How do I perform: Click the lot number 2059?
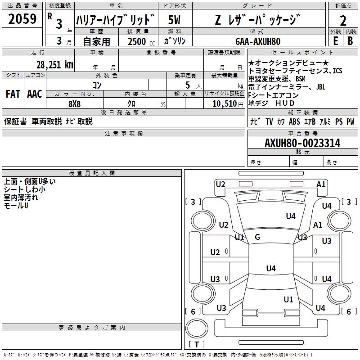click(22, 19)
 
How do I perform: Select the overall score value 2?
click(343, 21)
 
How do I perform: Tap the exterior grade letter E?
click(336, 41)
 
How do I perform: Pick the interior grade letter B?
click(351, 41)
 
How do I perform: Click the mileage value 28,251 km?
click(55, 65)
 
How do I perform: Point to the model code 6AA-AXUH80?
click(258, 41)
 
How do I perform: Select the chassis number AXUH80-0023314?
click(302, 143)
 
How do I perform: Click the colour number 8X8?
click(75, 104)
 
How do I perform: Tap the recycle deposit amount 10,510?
click(225, 104)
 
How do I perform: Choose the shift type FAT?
click(13, 94)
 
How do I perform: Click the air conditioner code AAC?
click(35, 94)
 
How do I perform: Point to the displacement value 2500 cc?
click(141, 41)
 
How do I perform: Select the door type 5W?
click(174, 20)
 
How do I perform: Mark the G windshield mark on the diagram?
click(257, 237)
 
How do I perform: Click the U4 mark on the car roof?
click(271, 268)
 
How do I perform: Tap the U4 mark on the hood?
click(291, 216)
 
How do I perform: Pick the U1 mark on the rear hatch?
click(288, 300)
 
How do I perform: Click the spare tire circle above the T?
click(197, 328)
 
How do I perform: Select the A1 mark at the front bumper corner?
click(321, 184)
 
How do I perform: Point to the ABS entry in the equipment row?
click(295, 121)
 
